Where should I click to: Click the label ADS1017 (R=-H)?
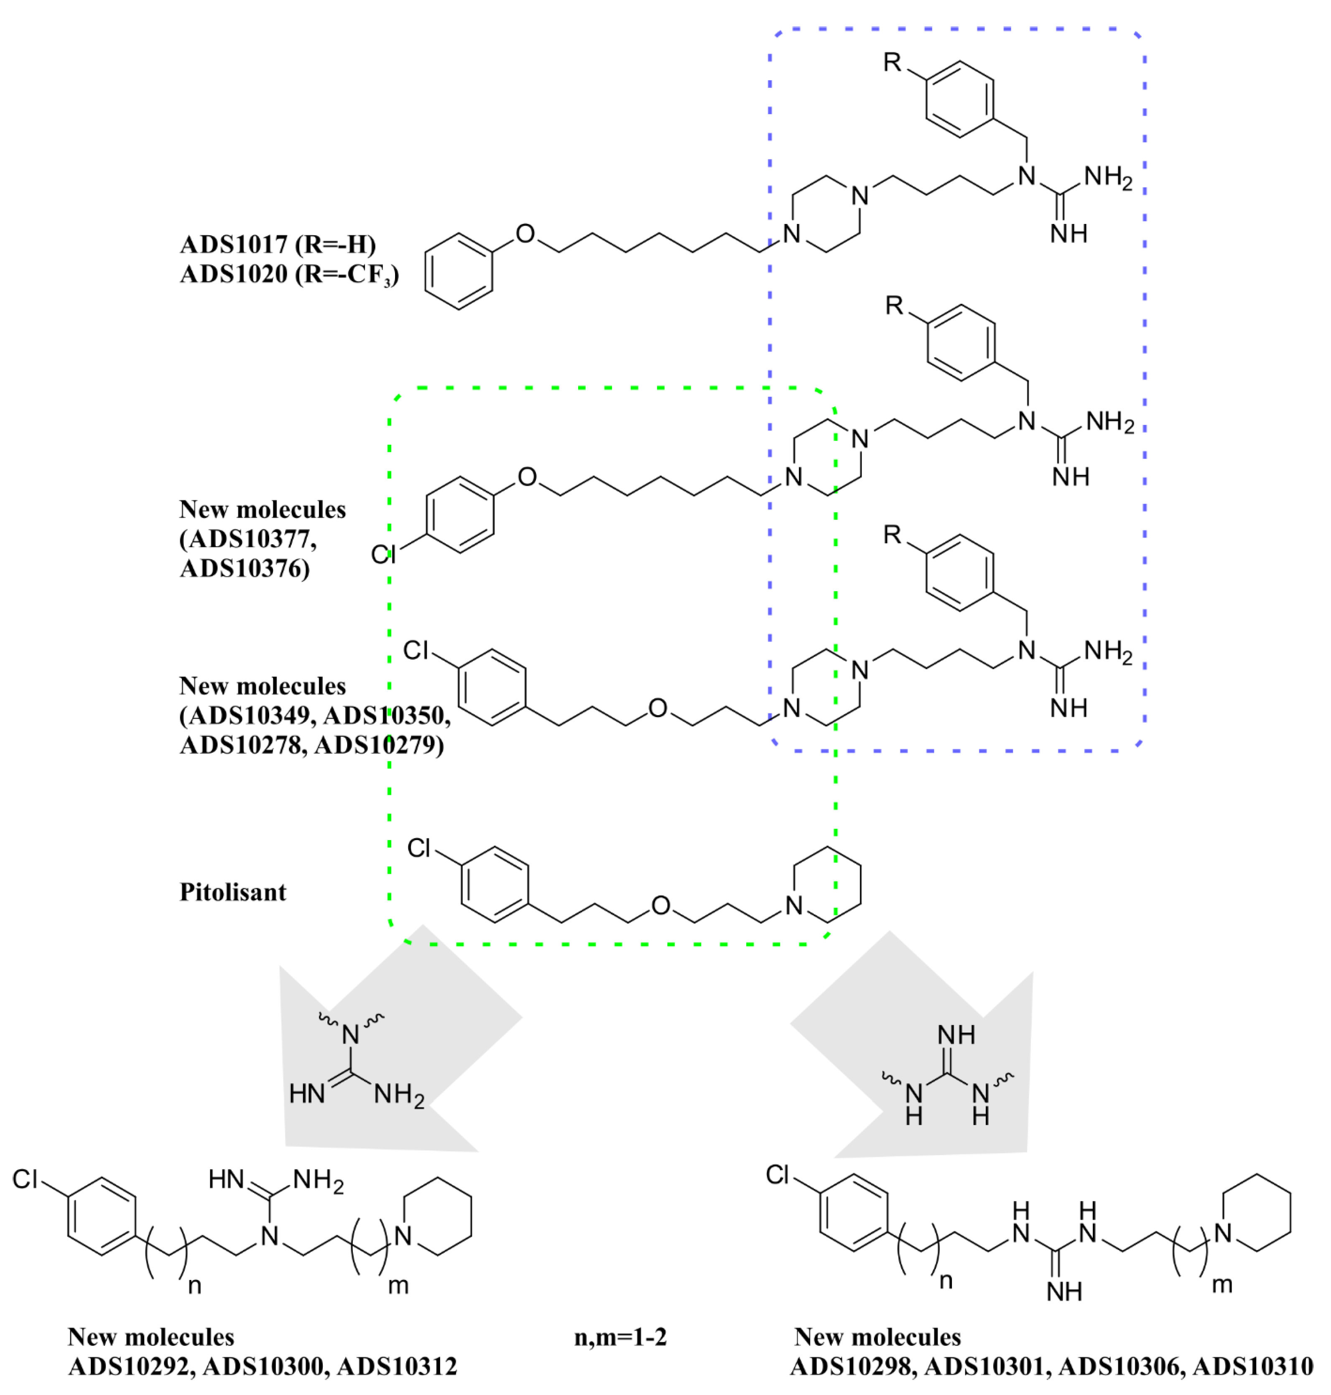(x=278, y=244)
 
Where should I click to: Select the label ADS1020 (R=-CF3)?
(x=289, y=275)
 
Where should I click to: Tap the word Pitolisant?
(x=233, y=892)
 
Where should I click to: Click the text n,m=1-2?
(x=620, y=1338)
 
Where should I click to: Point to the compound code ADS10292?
(x=131, y=1367)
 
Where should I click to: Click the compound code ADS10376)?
(x=245, y=569)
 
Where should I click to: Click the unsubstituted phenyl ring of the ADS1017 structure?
(x=459, y=272)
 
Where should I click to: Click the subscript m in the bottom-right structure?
(x=1222, y=1284)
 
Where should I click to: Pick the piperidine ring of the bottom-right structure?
(x=1257, y=1213)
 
